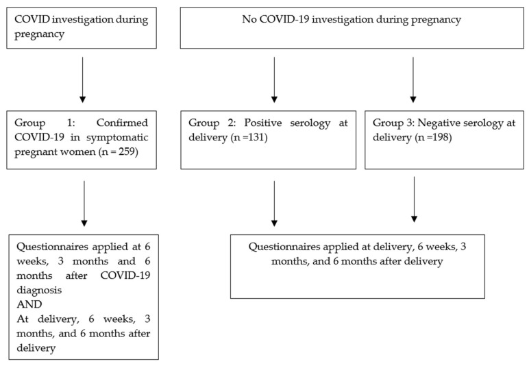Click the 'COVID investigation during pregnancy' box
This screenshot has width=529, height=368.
pos(82,27)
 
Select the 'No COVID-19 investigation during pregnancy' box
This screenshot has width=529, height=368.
pos(352,27)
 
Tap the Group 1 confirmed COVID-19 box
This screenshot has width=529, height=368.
pos(82,140)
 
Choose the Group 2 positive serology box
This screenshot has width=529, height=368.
pos(268,140)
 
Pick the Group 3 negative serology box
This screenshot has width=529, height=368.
pos(444,140)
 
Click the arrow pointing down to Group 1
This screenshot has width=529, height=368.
pos(83,79)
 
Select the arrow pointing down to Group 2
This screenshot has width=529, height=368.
pos(274,79)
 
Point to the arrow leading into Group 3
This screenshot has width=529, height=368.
pos(413,79)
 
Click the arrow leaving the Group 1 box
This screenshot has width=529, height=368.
pos(84,204)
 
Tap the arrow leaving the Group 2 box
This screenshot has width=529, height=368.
pos(274,204)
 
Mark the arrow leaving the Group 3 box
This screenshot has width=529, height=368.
pos(415,199)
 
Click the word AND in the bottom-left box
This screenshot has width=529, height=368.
pos(29,304)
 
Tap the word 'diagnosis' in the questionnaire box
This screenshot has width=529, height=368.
pos(39,290)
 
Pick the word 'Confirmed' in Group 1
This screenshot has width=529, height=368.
pos(122,123)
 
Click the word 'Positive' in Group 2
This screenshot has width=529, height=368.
pos(263,123)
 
